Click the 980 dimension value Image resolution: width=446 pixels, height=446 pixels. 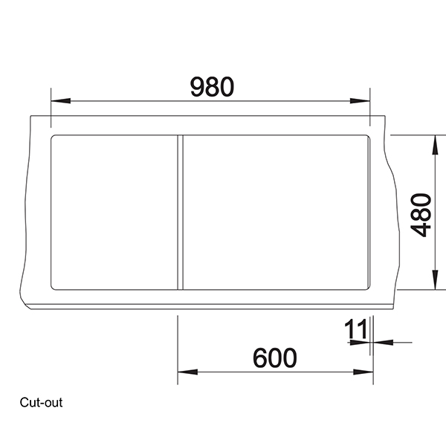coord(212,87)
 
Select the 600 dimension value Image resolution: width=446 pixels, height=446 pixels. coord(274,358)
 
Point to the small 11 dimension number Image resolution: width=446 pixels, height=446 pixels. coord(356,329)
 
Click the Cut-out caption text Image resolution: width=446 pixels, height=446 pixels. coord(42,404)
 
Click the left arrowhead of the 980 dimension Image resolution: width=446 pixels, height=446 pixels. coord(56,100)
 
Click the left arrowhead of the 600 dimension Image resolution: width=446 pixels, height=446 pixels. coord(183,372)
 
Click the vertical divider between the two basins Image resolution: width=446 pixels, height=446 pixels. coord(179,213)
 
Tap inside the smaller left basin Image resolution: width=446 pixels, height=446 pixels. coord(114,213)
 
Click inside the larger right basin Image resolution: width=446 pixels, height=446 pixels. coord(275,213)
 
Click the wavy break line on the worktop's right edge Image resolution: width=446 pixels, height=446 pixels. coord(392,186)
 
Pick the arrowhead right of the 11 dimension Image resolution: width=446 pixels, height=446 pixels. coord(377,343)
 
